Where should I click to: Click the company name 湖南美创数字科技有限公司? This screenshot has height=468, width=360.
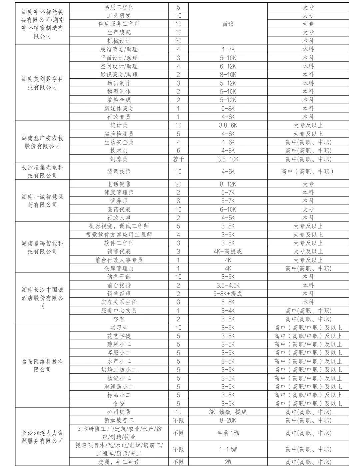click(x=42, y=83)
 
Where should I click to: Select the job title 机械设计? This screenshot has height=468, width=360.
click(x=119, y=41)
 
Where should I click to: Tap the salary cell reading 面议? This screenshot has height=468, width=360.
click(x=228, y=24)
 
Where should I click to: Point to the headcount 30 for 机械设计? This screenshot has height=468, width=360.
click(x=178, y=41)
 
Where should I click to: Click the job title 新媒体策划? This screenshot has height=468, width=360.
click(x=119, y=108)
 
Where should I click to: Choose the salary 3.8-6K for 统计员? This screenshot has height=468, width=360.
click(x=228, y=125)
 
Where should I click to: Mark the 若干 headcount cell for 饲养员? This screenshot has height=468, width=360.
click(x=178, y=159)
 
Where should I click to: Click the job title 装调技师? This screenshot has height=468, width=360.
click(x=119, y=172)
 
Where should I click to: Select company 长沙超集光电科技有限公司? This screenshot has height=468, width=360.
click(x=42, y=171)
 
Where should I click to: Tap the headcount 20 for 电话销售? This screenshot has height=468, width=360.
click(x=178, y=184)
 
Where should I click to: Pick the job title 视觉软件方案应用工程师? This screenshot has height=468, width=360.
click(x=119, y=234)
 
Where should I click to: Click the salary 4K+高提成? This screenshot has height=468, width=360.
click(x=228, y=251)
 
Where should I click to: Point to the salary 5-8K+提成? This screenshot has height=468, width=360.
click(x=228, y=294)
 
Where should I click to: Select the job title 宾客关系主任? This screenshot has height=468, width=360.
click(x=119, y=302)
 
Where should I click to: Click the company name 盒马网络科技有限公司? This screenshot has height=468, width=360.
click(x=42, y=365)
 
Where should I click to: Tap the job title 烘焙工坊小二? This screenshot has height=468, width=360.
click(x=119, y=370)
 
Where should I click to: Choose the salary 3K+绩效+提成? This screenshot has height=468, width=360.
click(x=228, y=412)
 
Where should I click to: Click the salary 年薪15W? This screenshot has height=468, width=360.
click(x=228, y=433)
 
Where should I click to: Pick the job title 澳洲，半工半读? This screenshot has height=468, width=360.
click(x=119, y=462)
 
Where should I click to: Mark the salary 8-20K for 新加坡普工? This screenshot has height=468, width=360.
click(x=228, y=420)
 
